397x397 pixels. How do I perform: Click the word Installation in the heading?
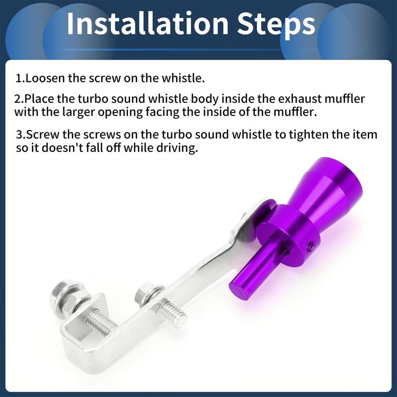(x=147, y=23)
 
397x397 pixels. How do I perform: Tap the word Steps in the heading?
(x=276, y=25)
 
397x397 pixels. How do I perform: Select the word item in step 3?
(x=367, y=134)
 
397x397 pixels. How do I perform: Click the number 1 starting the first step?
(x=19, y=78)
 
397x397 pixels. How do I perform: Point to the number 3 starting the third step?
(x=20, y=134)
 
